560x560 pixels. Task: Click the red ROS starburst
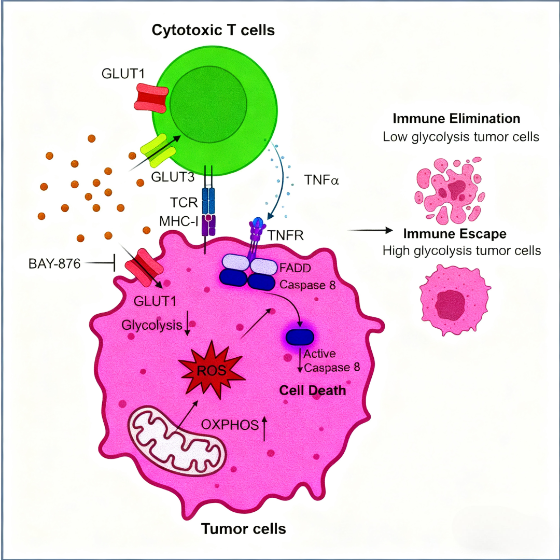(x=212, y=370)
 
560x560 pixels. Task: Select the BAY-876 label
(x=54, y=263)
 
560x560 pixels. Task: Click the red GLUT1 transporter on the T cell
(x=151, y=98)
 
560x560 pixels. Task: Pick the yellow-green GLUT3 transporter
(x=158, y=151)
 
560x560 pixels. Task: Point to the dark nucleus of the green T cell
(x=208, y=104)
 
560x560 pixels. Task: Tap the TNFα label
(x=321, y=179)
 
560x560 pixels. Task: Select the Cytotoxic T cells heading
(x=213, y=30)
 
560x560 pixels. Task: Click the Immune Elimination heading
(x=456, y=118)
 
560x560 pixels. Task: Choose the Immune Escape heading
(x=455, y=233)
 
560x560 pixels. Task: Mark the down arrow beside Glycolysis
(x=187, y=323)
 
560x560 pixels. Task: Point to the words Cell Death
(x=313, y=390)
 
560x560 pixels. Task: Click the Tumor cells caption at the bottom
(x=244, y=528)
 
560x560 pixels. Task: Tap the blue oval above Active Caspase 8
(x=300, y=337)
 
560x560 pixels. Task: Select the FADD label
(x=295, y=268)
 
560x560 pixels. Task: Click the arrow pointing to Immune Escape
(x=370, y=230)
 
